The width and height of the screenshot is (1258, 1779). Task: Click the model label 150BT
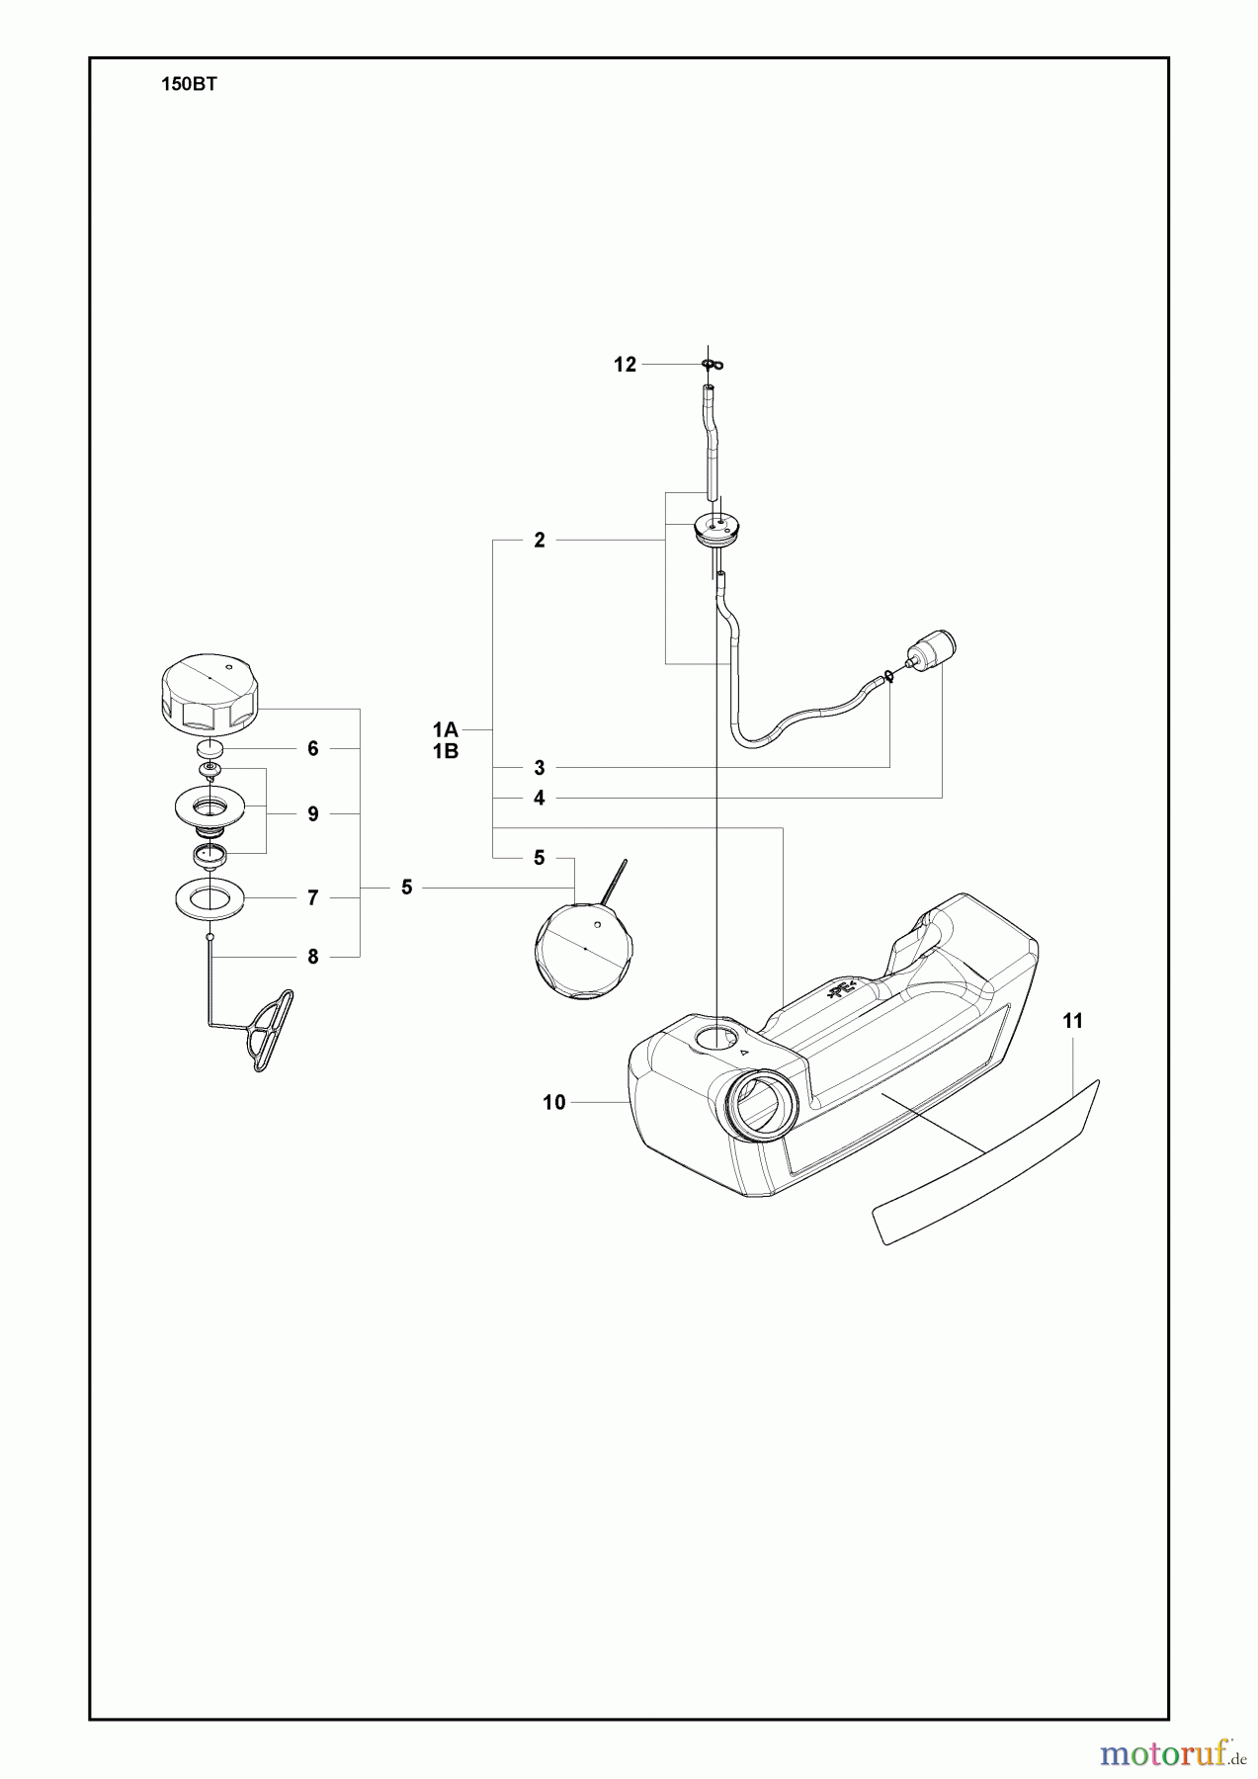coord(188,85)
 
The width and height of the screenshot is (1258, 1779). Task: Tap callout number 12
coord(625,365)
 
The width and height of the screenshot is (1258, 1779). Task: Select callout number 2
coord(540,541)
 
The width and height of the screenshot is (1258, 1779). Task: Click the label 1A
coord(445,729)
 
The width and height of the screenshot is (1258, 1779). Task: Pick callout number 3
coord(540,768)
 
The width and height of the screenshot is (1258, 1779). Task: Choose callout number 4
coord(540,798)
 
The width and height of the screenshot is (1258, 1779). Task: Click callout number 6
coord(313,749)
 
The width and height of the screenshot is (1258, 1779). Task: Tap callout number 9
coord(313,814)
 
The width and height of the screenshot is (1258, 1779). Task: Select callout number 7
coord(313,897)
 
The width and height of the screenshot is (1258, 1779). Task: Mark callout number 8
coord(313,957)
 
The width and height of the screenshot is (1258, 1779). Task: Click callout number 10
coord(553,1102)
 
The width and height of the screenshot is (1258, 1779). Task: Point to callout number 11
coord(1073,1021)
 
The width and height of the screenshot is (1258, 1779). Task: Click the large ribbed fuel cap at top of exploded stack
coord(209,696)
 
